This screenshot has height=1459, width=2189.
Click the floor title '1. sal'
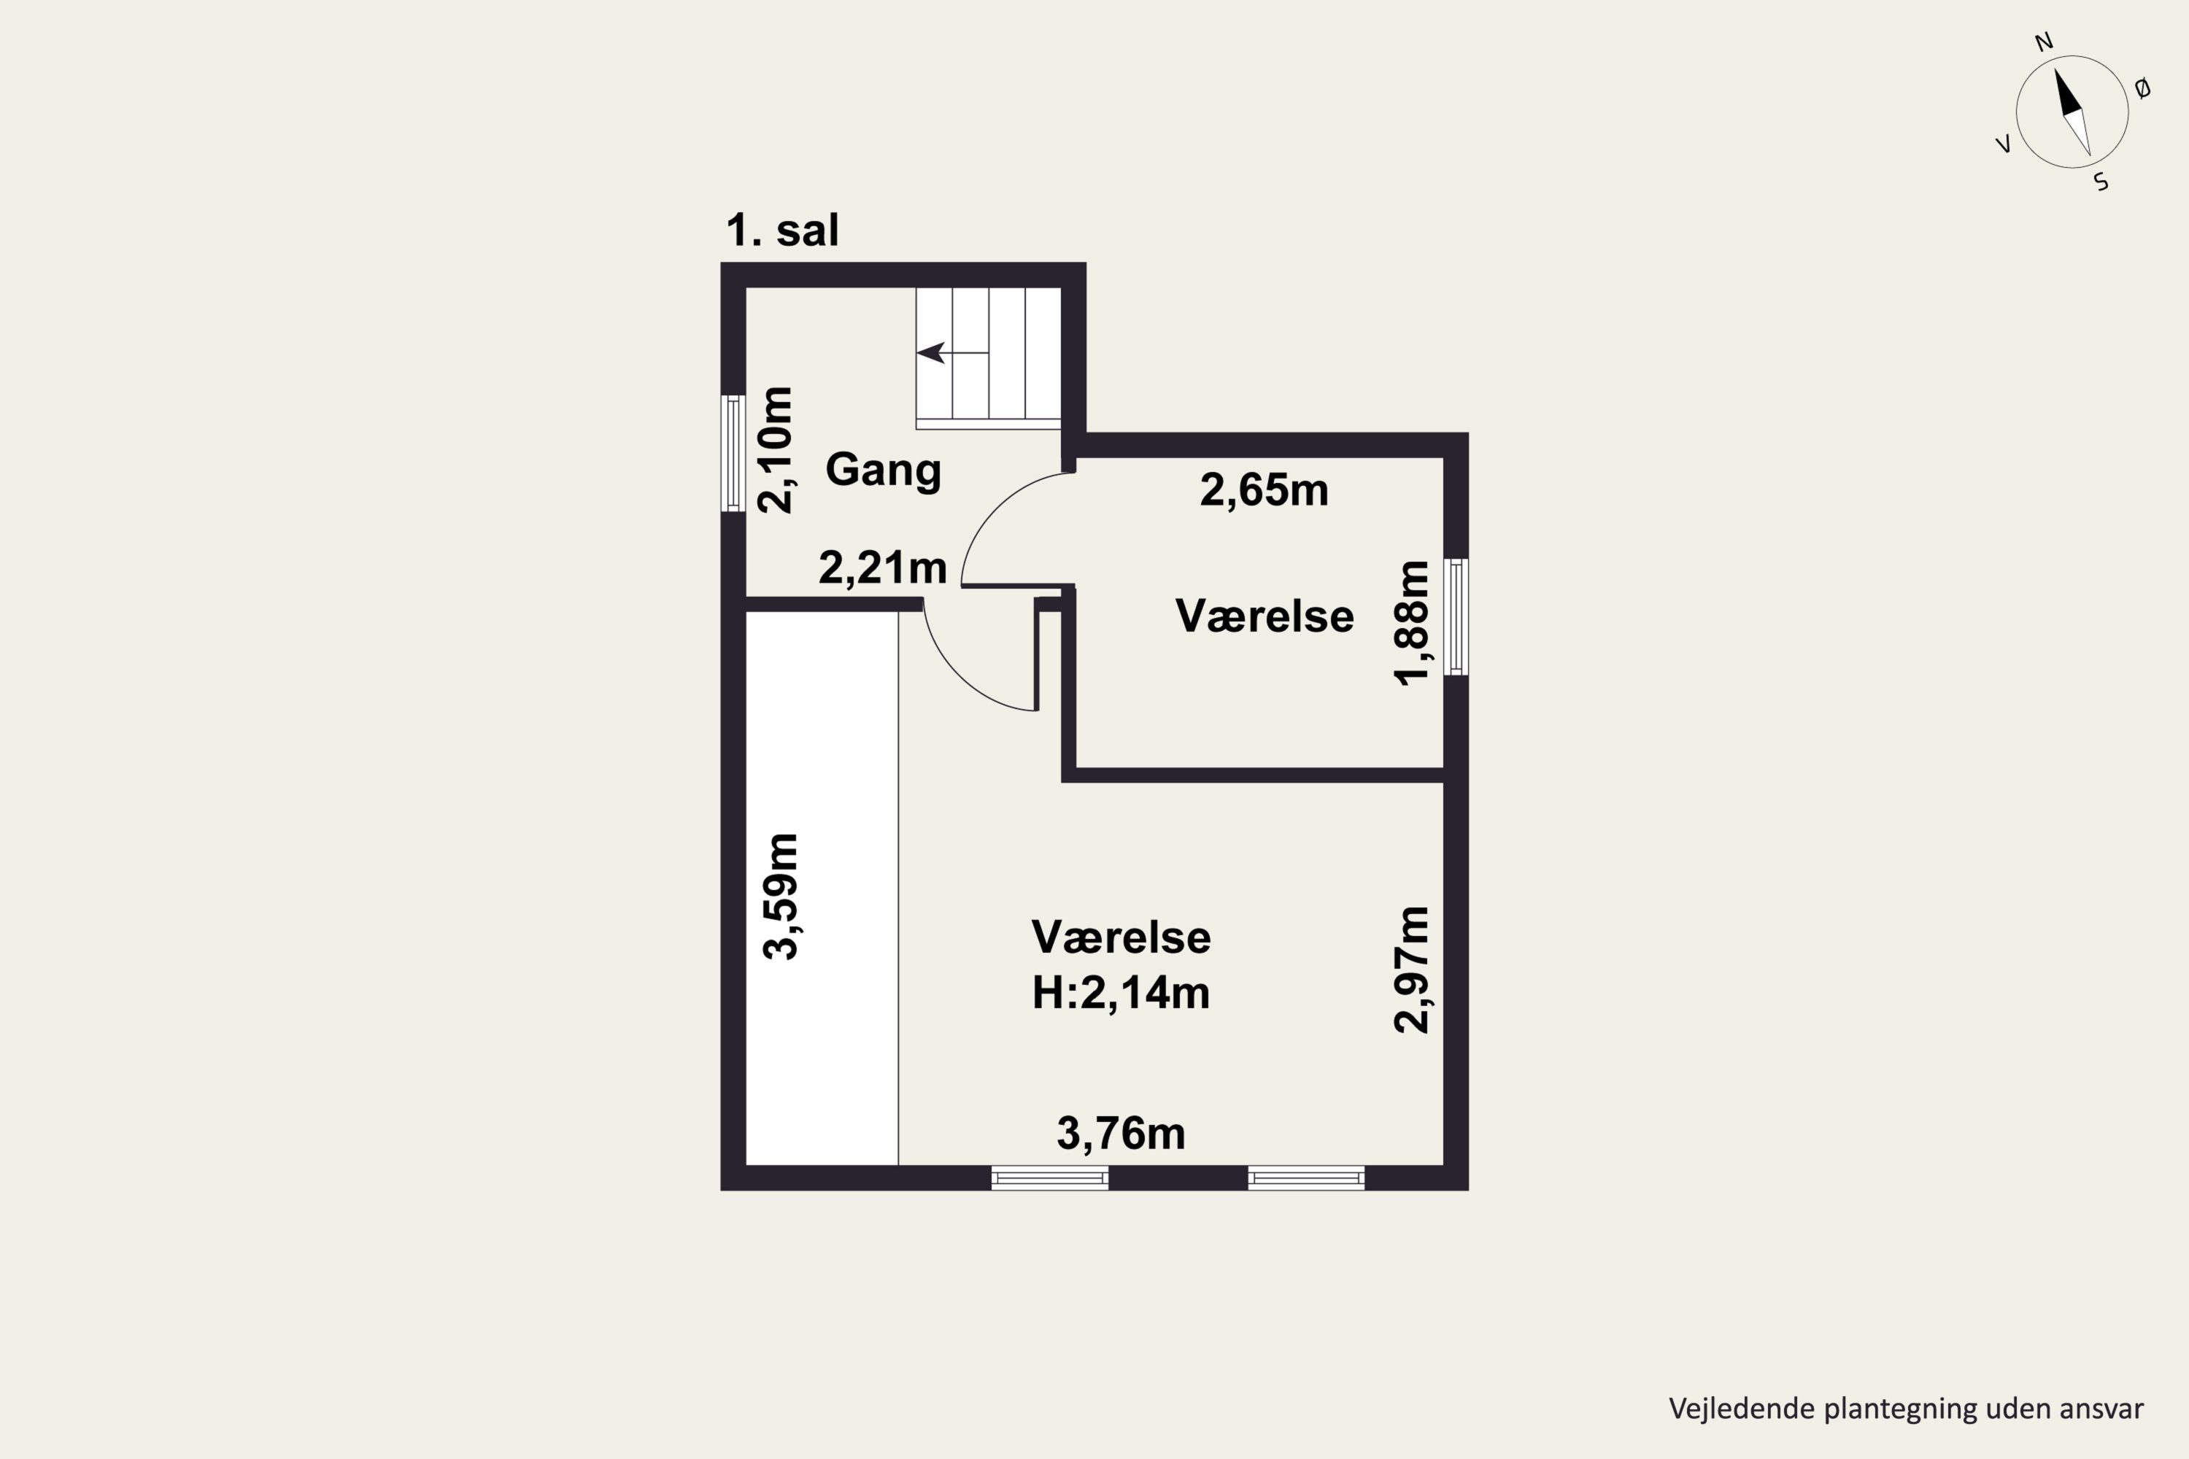point(781,231)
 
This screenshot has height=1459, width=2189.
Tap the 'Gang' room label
point(883,470)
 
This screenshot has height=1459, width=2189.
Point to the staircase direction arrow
point(952,352)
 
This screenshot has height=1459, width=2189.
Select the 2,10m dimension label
point(774,449)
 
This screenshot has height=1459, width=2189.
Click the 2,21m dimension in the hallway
point(882,568)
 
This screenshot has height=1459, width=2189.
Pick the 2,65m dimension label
point(1264,490)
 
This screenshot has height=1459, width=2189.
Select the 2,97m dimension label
point(1411,969)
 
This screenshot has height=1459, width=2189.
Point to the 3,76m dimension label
point(1121,1134)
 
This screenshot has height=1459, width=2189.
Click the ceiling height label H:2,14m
point(1121,993)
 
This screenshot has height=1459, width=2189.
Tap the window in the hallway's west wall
point(733,453)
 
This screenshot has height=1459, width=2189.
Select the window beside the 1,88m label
point(1456,617)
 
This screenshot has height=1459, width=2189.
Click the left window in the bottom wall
point(1050,1178)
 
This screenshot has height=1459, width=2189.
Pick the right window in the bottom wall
point(1307,1178)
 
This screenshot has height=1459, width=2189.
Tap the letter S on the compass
point(2101,182)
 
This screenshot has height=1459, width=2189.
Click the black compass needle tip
point(2056,69)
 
